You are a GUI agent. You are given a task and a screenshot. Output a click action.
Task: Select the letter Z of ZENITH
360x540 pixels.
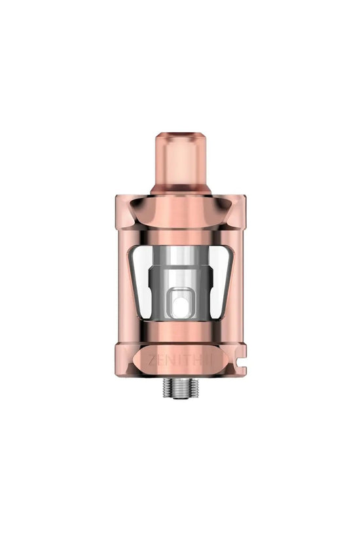point(151,359)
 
